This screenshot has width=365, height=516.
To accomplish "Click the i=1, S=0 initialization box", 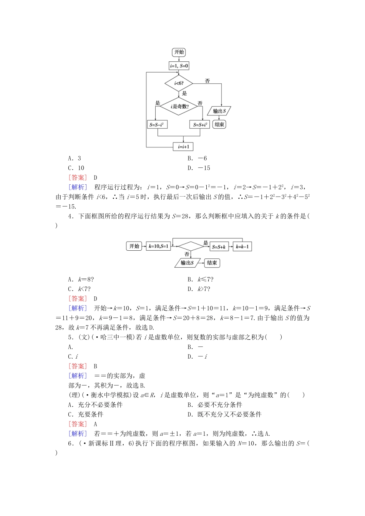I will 179,66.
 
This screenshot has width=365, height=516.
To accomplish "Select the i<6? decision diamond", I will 179,83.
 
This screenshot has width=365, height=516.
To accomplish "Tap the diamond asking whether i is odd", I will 179,106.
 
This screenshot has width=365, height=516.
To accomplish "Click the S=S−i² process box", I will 158,124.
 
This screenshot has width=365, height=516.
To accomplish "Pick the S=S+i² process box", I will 200,124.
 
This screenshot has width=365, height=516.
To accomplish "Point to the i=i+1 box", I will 183,147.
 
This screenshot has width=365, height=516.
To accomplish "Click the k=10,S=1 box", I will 158,246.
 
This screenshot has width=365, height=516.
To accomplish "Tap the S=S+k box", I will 219,246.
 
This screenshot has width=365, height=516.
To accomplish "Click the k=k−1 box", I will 242,246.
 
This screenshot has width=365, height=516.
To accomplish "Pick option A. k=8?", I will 81,279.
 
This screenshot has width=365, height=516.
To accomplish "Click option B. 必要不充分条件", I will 215,405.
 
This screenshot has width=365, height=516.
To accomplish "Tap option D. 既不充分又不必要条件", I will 224,414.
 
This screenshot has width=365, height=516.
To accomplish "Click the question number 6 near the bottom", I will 70,443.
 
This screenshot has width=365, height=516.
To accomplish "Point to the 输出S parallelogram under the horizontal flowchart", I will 187,263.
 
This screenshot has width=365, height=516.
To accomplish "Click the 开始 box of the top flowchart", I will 179,52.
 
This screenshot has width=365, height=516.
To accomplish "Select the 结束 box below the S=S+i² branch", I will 219,124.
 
